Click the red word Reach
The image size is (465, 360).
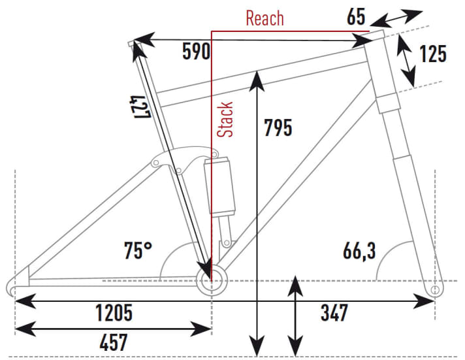[x=265, y=18]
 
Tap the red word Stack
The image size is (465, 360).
[x=225, y=120]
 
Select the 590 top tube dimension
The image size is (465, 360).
[x=196, y=52]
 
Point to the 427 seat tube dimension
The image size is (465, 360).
[x=140, y=107]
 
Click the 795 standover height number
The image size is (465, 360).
[x=278, y=127]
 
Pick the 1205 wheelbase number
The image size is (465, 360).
[x=114, y=312]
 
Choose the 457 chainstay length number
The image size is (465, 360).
[x=114, y=342]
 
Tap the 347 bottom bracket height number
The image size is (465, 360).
[x=334, y=312]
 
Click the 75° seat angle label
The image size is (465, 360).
[x=138, y=250]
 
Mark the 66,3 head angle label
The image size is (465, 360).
[x=359, y=252]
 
